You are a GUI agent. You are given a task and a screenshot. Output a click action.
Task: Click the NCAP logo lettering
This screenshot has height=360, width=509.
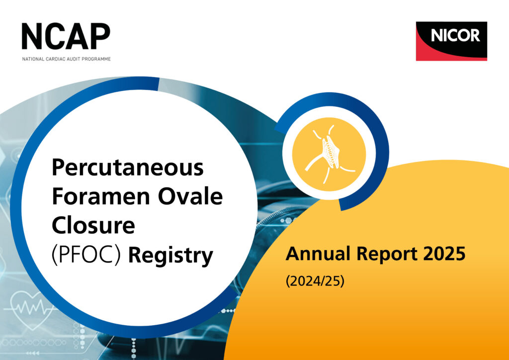(x=66, y=36)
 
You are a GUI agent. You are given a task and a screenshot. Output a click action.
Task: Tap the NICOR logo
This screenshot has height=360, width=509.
(x=451, y=41)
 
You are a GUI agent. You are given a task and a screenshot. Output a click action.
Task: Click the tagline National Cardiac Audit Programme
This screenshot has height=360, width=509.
(x=66, y=59)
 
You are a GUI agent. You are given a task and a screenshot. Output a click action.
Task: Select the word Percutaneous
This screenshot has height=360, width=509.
(x=128, y=168)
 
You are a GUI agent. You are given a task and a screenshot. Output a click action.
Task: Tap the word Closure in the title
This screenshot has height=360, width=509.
(x=93, y=226)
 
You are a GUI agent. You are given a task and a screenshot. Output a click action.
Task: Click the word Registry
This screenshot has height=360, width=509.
(x=170, y=257)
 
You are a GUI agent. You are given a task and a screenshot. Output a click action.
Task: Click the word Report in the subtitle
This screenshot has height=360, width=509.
(x=379, y=255)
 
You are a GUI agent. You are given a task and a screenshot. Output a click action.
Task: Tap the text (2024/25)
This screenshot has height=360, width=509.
(x=315, y=281)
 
